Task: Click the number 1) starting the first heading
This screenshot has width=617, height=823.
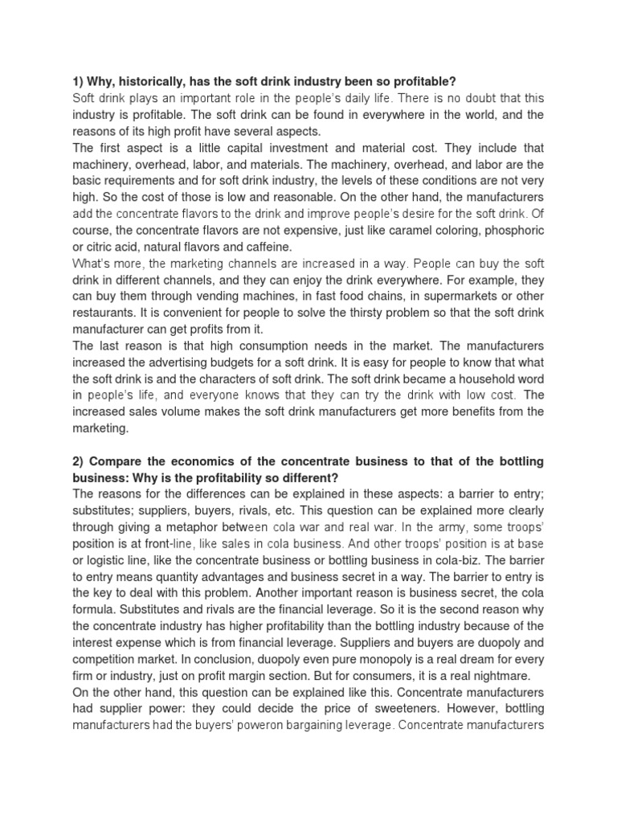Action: [x=79, y=80]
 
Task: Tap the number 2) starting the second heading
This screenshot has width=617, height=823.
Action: [x=79, y=461]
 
